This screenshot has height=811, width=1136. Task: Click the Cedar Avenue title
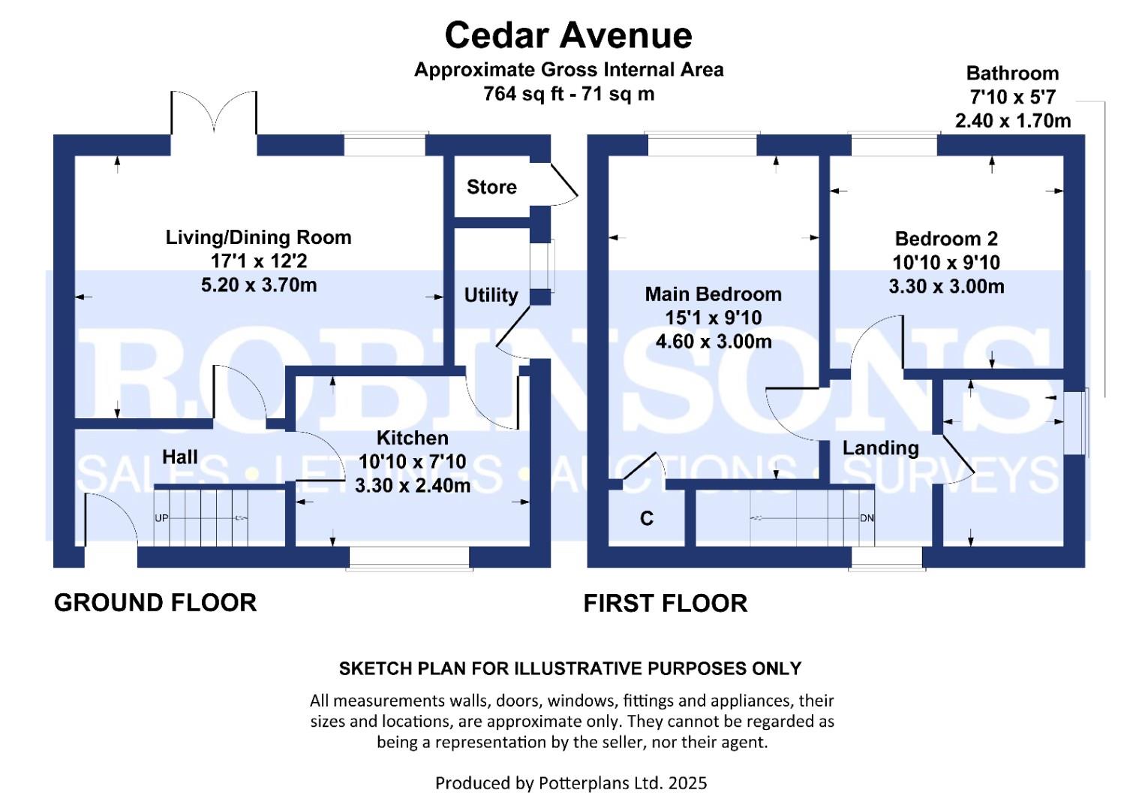[x=568, y=35]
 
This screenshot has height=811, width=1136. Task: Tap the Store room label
[x=491, y=187]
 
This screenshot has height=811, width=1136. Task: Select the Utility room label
[x=491, y=295]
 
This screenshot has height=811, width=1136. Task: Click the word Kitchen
[x=412, y=438]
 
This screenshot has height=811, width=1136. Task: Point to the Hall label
[x=180, y=457]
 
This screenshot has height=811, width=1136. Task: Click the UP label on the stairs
[x=161, y=518]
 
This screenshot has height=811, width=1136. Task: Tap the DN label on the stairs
[x=867, y=518]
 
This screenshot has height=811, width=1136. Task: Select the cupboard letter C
[x=647, y=518]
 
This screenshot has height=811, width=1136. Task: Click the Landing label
[x=880, y=448]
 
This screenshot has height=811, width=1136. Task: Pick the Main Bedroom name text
[x=713, y=294]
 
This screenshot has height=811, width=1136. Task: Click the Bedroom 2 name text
[x=946, y=239]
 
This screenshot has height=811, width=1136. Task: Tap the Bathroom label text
[x=1012, y=74]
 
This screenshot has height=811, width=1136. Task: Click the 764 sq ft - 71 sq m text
[x=569, y=94]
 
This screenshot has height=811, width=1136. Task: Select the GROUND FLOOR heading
[x=155, y=602]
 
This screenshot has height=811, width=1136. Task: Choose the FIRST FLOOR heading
[x=665, y=603]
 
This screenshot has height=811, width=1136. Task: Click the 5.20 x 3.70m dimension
[x=259, y=285]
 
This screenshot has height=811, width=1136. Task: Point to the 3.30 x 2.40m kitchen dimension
[x=413, y=485]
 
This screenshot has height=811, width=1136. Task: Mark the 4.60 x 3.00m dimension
[x=714, y=342]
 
